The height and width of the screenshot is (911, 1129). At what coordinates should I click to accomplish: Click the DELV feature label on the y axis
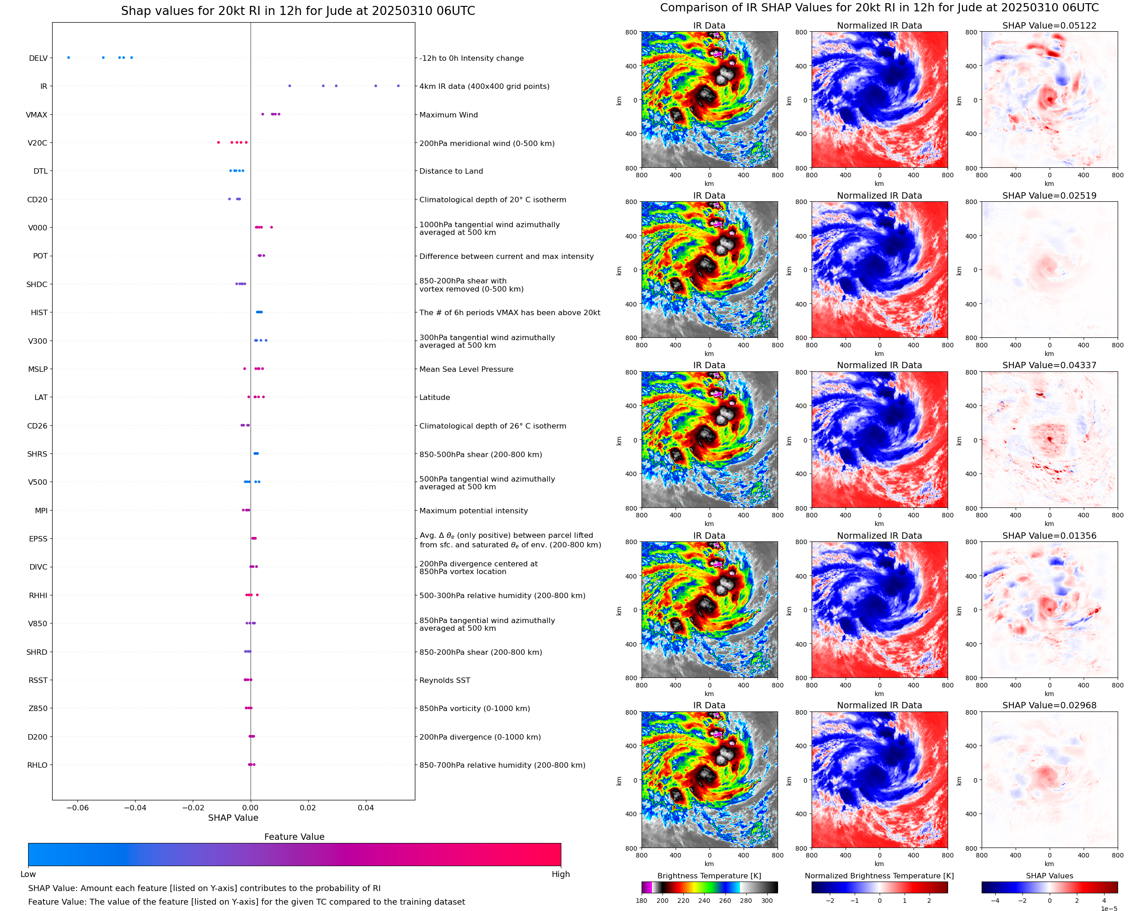tap(38, 58)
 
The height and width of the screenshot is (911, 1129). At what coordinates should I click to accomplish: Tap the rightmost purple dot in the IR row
tap(398, 86)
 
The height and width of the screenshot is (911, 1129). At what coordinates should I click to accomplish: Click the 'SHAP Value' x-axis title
tap(233, 818)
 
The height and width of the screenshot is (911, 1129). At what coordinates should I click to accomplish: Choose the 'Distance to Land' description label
tap(451, 171)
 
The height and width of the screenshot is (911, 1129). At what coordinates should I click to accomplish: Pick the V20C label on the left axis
tap(37, 143)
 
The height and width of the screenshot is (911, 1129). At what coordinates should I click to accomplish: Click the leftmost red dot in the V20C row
tap(219, 143)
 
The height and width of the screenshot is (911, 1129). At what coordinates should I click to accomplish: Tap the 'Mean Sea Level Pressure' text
tap(466, 370)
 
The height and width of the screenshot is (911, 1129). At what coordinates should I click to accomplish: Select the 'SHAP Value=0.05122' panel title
tap(1049, 26)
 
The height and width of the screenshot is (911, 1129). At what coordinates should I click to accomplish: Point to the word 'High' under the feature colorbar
tap(560, 874)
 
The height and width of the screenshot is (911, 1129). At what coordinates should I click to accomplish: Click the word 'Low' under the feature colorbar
tap(28, 874)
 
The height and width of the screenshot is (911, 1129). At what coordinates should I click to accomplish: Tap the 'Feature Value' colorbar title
tap(294, 837)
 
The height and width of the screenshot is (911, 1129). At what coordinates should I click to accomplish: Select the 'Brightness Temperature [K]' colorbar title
tap(709, 876)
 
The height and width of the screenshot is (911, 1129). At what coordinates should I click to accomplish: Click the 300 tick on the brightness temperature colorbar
tap(766, 901)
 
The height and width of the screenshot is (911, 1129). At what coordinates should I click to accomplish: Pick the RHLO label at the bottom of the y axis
tap(37, 765)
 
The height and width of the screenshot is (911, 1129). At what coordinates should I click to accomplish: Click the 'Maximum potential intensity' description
tap(473, 511)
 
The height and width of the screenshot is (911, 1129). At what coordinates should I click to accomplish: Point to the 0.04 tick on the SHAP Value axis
tap(365, 808)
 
